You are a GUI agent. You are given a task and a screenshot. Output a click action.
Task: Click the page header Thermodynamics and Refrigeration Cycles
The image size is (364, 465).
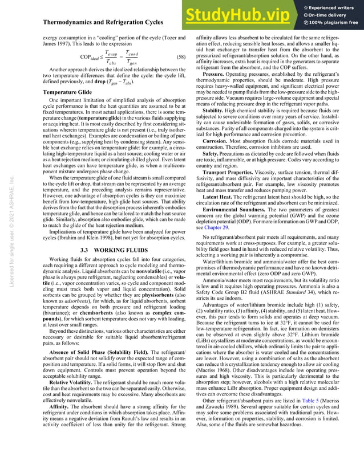tap(103, 22)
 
